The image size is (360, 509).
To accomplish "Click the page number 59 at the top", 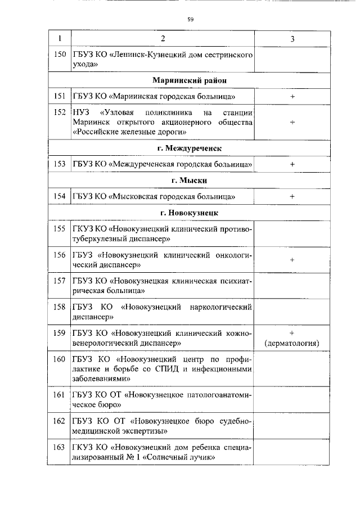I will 190,20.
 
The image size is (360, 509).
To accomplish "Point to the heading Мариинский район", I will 187,81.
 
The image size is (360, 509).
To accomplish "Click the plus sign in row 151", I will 292,97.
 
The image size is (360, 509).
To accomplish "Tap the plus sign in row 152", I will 292,121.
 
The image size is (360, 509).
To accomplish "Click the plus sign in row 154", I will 292,196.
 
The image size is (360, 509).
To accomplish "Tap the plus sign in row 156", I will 292,260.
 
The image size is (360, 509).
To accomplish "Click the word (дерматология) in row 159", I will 292,343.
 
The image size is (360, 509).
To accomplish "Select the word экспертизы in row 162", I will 142,431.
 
